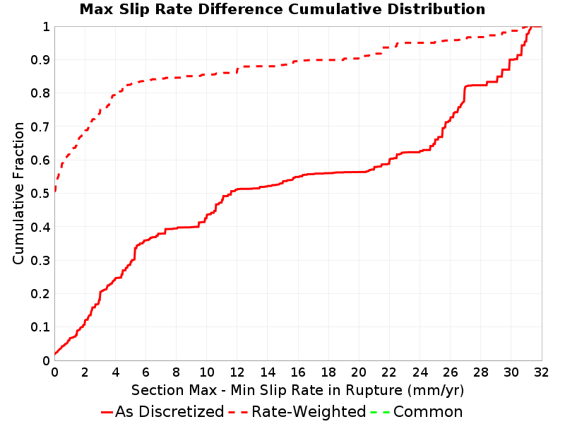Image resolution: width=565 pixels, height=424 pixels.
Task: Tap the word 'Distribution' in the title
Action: (x=436, y=9)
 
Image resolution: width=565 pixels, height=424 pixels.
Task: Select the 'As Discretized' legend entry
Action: (x=162, y=411)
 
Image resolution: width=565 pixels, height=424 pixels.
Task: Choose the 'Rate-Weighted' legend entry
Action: (x=297, y=411)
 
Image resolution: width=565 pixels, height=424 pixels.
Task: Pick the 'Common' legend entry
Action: (x=416, y=411)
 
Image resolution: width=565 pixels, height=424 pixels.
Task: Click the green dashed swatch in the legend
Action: (x=380, y=412)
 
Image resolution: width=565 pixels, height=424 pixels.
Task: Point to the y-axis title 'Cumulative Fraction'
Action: (x=18, y=193)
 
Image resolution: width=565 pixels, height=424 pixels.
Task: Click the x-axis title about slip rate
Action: (x=297, y=391)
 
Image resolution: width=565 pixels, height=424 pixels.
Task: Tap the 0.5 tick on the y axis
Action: (x=40, y=194)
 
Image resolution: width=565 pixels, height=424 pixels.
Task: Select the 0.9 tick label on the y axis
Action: (x=40, y=60)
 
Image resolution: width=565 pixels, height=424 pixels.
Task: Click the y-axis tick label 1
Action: (x=46, y=27)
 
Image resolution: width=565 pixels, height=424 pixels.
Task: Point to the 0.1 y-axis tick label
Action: (x=40, y=327)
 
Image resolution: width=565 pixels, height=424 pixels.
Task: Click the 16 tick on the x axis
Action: (x=298, y=372)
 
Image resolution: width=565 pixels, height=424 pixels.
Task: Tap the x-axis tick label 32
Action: (x=541, y=372)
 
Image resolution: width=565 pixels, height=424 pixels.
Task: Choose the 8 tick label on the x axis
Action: (x=176, y=372)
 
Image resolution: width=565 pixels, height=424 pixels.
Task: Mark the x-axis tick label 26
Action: (x=450, y=372)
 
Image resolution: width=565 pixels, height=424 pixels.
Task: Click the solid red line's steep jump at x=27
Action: (x=465, y=94)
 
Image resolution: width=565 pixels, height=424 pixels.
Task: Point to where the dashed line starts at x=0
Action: (x=55, y=190)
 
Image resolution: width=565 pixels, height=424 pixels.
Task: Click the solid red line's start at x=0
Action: (x=55, y=354)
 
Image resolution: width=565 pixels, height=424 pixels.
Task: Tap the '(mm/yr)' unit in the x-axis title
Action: (x=436, y=391)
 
